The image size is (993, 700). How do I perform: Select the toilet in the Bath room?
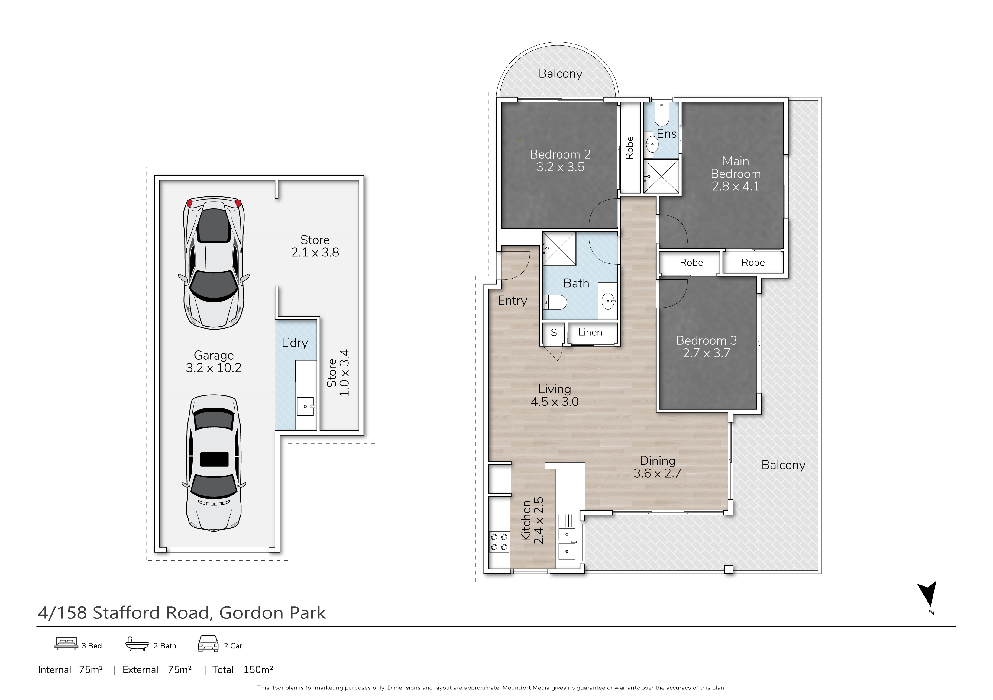(x=555, y=302)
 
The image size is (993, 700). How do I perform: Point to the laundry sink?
(x=306, y=406)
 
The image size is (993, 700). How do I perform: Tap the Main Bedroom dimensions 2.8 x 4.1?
(x=736, y=186)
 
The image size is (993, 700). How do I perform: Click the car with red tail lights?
(x=214, y=263)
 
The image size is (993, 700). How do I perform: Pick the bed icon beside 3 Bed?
(x=66, y=644)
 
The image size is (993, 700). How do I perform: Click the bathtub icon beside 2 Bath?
(x=137, y=644)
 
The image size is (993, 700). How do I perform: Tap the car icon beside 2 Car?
(x=208, y=644)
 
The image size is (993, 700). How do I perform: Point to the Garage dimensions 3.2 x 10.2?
(x=214, y=368)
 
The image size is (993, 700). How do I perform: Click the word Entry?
(x=513, y=301)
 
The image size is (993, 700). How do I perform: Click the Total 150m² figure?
(x=243, y=670)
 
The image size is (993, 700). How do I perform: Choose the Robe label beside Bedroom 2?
(x=630, y=148)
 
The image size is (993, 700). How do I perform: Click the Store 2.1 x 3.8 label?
(x=315, y=246)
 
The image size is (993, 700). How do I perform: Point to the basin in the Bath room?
(x=609, y=301)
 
